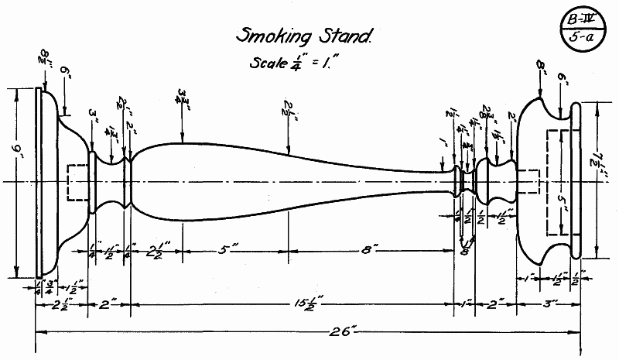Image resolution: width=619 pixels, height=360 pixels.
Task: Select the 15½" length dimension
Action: (292, 303)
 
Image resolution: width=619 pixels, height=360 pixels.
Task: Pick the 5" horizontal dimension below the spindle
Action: (229, 251)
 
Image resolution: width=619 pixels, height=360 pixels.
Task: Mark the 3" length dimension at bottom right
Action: (549, 303)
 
